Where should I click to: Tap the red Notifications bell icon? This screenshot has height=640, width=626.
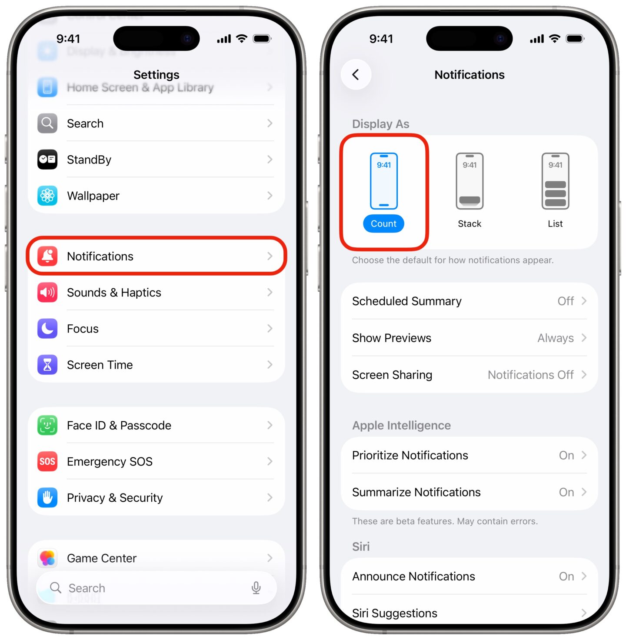[47, 257]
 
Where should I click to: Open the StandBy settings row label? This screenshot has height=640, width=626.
[89, 160]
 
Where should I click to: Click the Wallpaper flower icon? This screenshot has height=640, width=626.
[47, 196]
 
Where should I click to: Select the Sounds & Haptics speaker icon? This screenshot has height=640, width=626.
[47, 293]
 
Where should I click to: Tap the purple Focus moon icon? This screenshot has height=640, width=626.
[47, 329]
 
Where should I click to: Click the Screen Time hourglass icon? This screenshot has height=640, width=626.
[47, 365]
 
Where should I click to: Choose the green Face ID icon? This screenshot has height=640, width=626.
[47, 425]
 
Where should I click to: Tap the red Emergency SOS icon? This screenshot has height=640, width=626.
[47, 461]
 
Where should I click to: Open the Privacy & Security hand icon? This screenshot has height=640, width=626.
[47, 498]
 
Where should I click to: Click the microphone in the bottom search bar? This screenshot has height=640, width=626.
[256, 588]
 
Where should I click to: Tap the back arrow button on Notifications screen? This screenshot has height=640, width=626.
[356, 75]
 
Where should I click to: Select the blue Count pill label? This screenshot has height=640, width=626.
[383, 224]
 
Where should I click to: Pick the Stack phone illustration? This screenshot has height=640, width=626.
[469, 181]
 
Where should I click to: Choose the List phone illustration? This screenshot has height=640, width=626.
[555, 181]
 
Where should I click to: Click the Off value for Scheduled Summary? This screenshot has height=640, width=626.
[566, 301]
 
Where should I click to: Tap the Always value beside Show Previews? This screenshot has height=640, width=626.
[555, 338]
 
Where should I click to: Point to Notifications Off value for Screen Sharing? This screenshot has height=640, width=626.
[530, 375]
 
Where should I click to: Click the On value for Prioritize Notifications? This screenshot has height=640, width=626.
[566, 456]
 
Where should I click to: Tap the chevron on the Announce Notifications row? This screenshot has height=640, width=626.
[584, 576]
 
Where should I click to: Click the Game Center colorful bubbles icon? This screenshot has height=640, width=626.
[47, 558]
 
